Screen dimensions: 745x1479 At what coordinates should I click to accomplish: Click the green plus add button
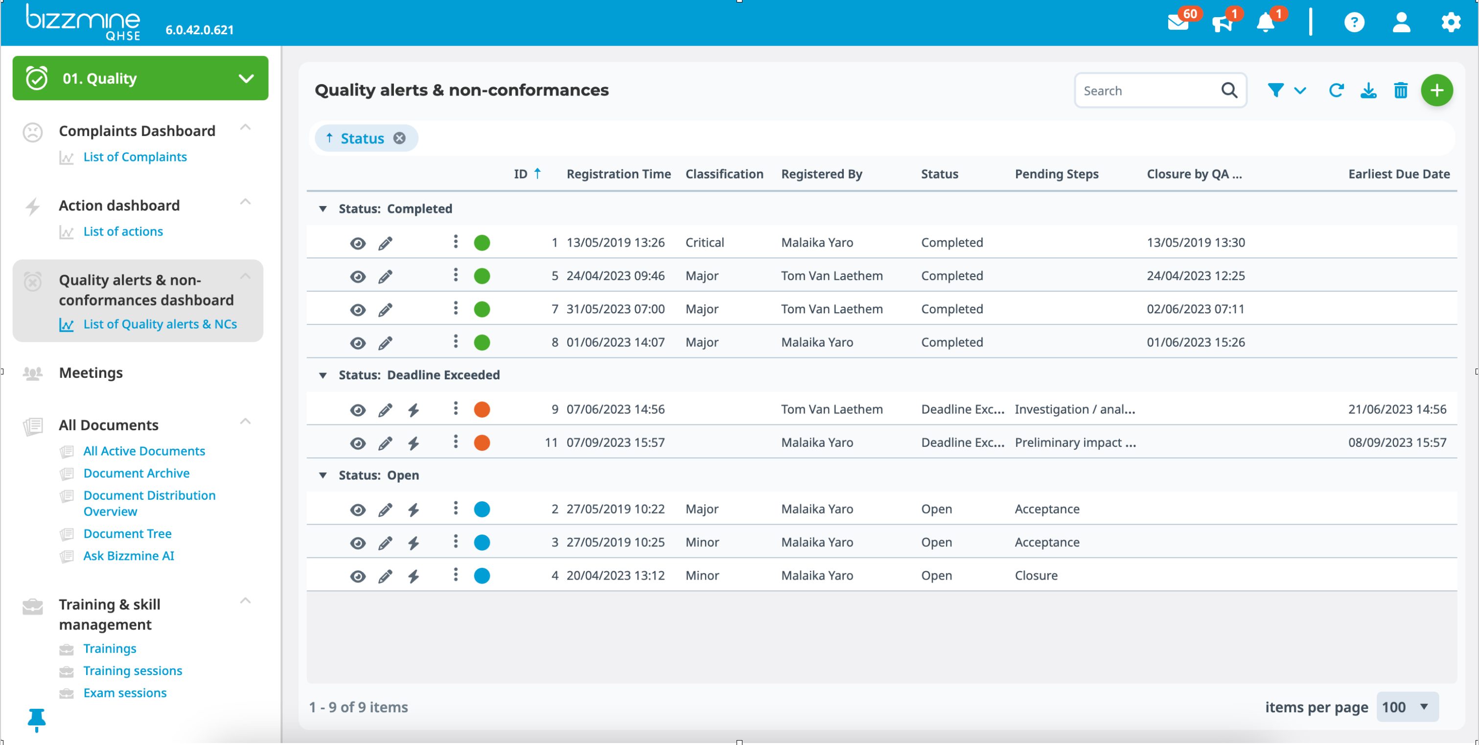(x=1436, y=90)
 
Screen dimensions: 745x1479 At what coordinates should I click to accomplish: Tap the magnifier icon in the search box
(x=1229, y=90)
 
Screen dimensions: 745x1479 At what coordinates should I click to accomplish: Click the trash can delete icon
(x=1400, y=90)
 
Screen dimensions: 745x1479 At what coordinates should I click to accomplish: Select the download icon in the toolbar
(x=1368, y=90)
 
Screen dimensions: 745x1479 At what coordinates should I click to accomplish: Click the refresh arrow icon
(x=1336, y=90)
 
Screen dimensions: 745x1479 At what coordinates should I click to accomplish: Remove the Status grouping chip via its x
(x=400, y=139)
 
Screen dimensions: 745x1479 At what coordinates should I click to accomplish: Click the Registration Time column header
(x=618, y=174)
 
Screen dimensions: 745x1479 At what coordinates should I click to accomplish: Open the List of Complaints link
(x=135, y=157)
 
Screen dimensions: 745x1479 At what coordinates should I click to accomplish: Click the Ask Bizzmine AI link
(x=129, y=556)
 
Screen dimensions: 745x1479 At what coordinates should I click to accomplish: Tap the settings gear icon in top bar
(x=1450, y=23)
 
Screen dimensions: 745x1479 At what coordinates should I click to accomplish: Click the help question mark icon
(x=1354, y=23)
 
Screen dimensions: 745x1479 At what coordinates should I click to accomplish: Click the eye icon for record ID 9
(x=358, y=410)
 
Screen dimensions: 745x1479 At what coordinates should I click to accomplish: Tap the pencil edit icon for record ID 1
(x=385, y=243)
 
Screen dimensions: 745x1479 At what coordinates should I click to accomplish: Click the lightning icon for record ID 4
(x=414, y=576)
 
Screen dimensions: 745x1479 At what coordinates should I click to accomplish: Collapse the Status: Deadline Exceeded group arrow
(x=323, y=375)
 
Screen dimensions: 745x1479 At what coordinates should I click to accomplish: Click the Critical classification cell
(x=704, y=242)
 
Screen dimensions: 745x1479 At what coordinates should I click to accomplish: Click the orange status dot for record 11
(x=482, y=442)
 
